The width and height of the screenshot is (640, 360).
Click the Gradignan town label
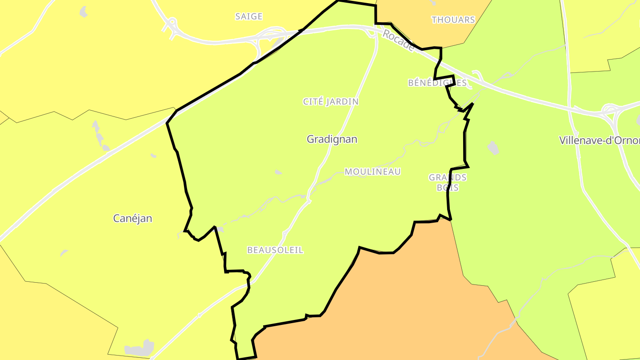pyautogui.click(x=332, y=139)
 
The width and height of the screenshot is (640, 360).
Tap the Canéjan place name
pyautogui.click(x=132, y=218)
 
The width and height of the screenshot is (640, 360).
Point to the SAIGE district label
pyautogui.click(x=249, y=16)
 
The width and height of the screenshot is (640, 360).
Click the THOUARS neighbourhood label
pyautogui.click(x=453, y=20)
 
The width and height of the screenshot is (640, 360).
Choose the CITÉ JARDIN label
pyautogui.click(x=331, y=102)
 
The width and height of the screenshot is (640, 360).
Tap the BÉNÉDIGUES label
pyautogui.click(x=437, y=83)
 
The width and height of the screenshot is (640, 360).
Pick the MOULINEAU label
pyautogui.click(x=372, y=172)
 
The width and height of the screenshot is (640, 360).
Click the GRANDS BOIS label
pyautogui.click(x=448, y=182)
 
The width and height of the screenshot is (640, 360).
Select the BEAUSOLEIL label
pyautogui.click(x=275, y=250)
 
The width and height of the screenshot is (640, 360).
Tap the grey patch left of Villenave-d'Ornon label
pyautogui.click(x=493, y=148)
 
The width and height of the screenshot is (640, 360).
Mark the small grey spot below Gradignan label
pyautogui.click(x=278, y=172)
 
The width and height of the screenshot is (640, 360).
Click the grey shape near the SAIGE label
pyautogui.click(x=84, y=12)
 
